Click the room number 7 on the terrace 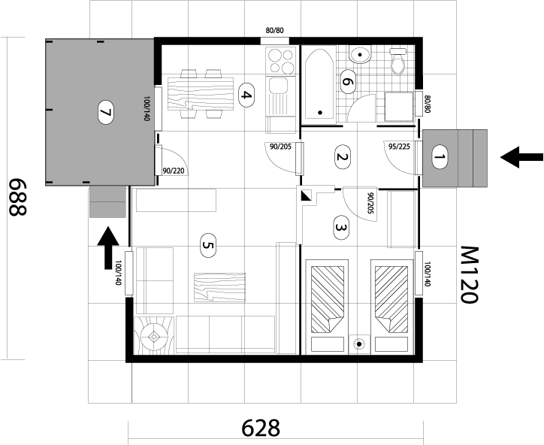click(105, 112)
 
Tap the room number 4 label click(246, 95)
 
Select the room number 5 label click(208, 245)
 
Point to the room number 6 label click(347, 82)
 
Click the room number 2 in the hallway click(342, 157)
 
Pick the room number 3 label click(341, 228)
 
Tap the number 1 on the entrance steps click(440, 157)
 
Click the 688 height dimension click(17, 197)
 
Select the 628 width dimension click(261, 428)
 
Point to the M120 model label click(470, 274)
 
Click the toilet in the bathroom click(398, 61)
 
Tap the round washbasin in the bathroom click(361, 55)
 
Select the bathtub click(319, 84)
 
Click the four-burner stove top click(280, 61)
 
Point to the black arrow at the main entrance click(521, 157)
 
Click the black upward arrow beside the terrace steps click(108, 247)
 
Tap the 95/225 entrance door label click(399, 147)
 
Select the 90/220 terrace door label click(174, 171)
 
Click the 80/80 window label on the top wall click(275, 31)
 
